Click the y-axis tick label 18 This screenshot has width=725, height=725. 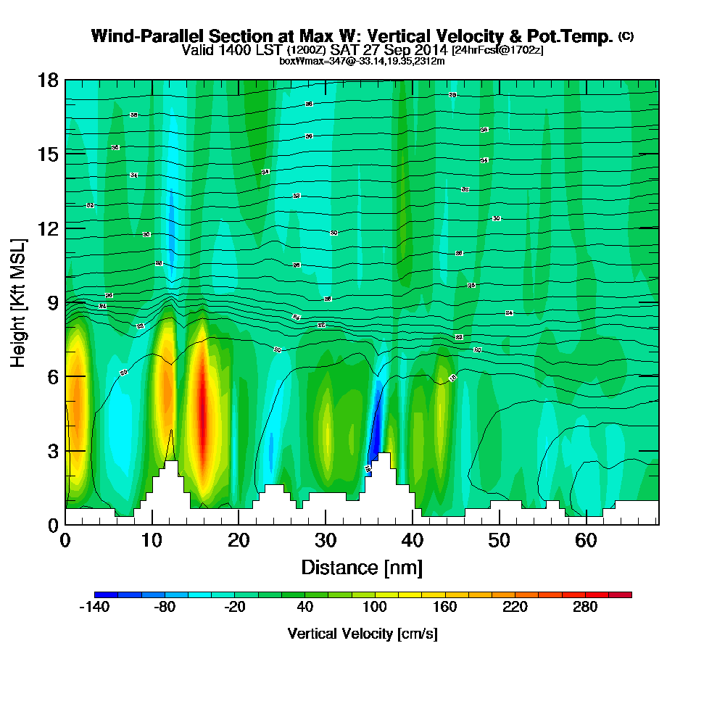(x=47, y=80)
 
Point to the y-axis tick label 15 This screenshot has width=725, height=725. (x=47, y=154)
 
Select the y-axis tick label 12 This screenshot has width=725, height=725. (x=47, y=228)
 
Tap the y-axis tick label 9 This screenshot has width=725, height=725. (x=51, y=302)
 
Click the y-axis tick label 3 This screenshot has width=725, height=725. (x=51, y=450)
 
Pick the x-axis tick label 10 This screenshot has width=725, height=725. (x=152, y=540)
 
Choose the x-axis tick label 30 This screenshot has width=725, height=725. (x=326, y=540)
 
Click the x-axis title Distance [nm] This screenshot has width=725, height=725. (x=362, y=566)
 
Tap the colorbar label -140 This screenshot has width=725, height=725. (x=94, y=608)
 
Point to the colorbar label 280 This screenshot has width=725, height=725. (x=585, y=608)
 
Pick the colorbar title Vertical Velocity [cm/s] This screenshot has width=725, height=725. (x=362, y=634)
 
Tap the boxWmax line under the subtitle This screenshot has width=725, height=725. (x=362, y=61)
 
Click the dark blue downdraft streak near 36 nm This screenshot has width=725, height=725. (x=376, y=428)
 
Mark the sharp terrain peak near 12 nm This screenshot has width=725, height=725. (x=171, y=432)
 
